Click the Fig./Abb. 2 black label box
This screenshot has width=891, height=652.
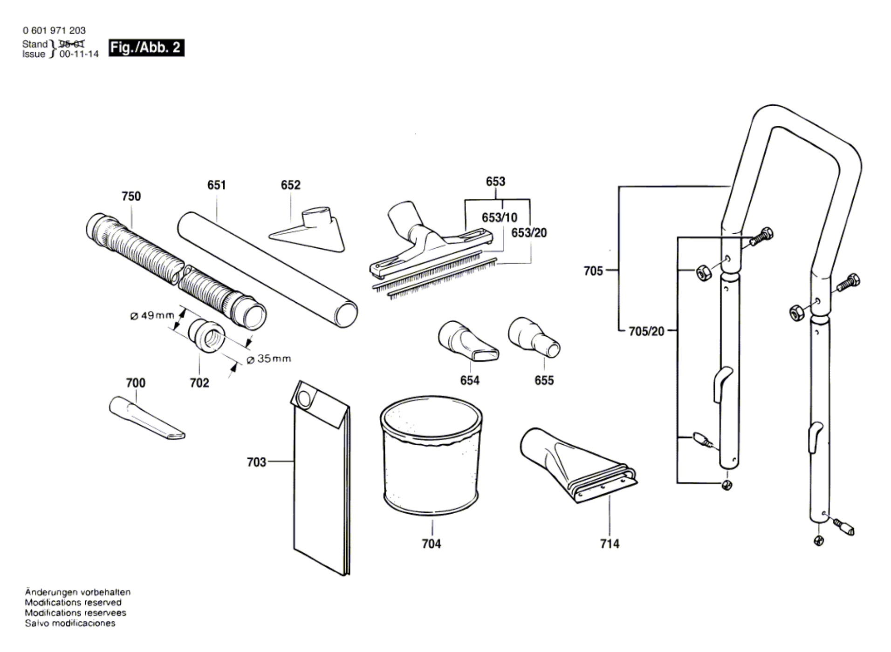[146, 48]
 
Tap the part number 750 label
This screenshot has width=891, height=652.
[131, 196]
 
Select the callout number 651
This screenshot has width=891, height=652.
[216, 185]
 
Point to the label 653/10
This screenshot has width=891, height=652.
[499, 217]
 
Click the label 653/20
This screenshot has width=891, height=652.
[529, 232]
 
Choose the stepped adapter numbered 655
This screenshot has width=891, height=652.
[533, 337]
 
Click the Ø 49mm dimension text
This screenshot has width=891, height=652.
[152, 316]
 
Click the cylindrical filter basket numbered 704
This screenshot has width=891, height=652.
[431, 456]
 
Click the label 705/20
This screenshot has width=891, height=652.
[646, 331]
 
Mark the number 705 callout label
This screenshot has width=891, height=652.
[593, 271]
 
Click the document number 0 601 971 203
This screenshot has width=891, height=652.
[54, 30]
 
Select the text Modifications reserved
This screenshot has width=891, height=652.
[73, 602]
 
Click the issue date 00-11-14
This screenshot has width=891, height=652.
[79, 54]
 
